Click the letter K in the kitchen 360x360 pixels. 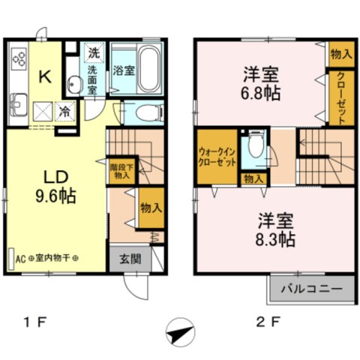(x=44, y=76)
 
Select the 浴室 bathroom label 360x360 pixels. (x=124, y=73)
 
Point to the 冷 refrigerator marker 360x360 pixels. (x=65, y=110)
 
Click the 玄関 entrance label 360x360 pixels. (x=130, y=259)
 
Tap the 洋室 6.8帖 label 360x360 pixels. (x=261, y=83)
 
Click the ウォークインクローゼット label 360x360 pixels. (x=216, y=156)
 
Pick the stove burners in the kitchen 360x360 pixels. (x=19, y=59)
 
